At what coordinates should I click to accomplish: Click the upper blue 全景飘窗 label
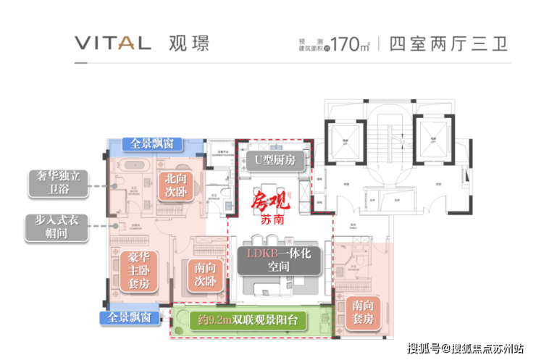pyautogui.click(x=152, y=143)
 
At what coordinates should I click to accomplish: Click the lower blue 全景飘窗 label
pyautogui.click(x=130, y=317)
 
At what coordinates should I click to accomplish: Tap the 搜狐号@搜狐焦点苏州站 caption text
pyautogui.click(x=464, y=348)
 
